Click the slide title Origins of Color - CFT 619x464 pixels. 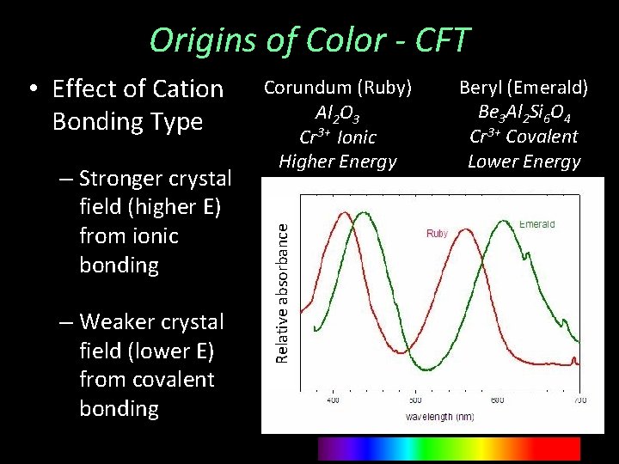click(x=309, y=40)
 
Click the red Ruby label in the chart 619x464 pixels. click(x=437, y=234)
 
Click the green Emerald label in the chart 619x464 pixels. click(x=536, y=224)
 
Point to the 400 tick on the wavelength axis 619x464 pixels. click(x=333, y=400)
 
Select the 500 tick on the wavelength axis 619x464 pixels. click(x=415, y=400)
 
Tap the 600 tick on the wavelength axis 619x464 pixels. click(x=498, y=400)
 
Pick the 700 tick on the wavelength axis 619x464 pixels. click(x=580, y=400)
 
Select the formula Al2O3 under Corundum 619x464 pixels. click(x=337, y=113)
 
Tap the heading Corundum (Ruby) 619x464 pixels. click(x=337, y=88)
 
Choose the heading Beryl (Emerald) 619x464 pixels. click(x=523, y=88)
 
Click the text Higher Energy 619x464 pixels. click(x=337, y=161)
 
